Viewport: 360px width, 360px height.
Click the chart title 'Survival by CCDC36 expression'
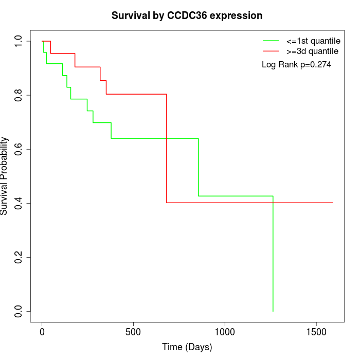click(187, 16)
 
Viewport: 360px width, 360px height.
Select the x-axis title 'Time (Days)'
click(187, 348)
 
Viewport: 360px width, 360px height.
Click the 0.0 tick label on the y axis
click(19, 311)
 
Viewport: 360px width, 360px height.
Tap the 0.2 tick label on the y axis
click(19, 257)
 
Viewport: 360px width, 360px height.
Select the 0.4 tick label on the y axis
click(19, 203)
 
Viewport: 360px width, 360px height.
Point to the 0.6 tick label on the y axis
click(19, 149)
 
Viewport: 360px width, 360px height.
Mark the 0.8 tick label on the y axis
click(19, 95)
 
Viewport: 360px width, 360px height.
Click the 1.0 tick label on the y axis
click(19, 41)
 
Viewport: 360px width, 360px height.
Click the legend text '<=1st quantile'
click(313, 41)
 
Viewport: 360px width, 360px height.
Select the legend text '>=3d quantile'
click(313, 51)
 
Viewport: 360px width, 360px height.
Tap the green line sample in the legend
click(271, 41)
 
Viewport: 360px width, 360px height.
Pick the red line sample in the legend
click(271, 51)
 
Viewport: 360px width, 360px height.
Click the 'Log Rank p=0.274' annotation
click(297, 65)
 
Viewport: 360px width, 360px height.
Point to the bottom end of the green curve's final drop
click(273, 311)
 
